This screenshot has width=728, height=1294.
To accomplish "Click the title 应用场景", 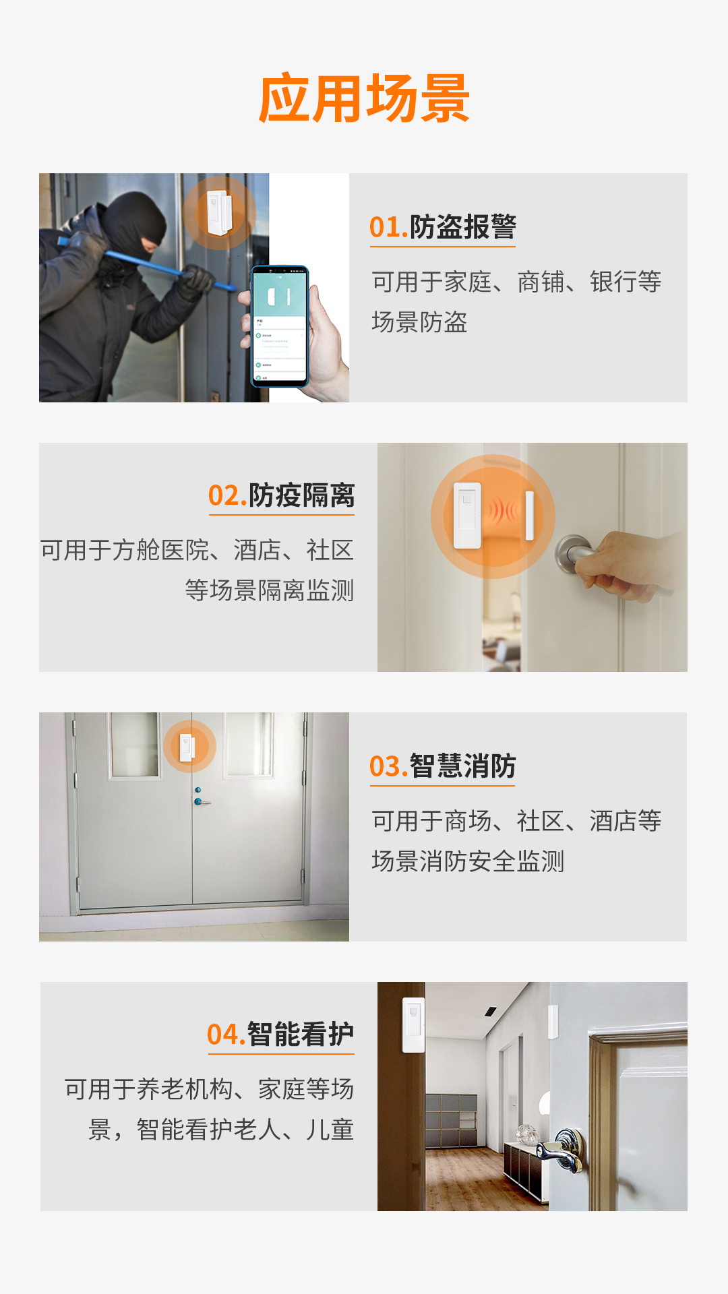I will click(x=364, y=99).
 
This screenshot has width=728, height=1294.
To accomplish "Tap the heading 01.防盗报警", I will click(x=443, y=227).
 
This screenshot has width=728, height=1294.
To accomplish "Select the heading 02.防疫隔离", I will click(x=281, y=495).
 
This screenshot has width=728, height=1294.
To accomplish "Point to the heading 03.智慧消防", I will click(x=443, y=766).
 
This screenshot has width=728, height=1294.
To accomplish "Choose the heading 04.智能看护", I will click(x=280, y=1035).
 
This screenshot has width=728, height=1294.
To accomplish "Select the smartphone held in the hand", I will click(x=280, y=327).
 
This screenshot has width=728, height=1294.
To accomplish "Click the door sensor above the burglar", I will click(x=219, y=213).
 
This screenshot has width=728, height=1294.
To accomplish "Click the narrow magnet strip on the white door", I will click(x=529, y=516).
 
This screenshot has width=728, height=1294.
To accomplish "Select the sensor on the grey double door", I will click(x=187, y=747).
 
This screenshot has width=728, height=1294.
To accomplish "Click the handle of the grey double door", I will click(x=200, y=801).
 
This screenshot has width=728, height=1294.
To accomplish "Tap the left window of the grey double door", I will click(x=134, y=744).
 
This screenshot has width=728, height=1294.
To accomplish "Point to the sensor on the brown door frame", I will click(x=413, y=1024).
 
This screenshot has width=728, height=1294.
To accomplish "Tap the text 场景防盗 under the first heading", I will click(x=419, y=322).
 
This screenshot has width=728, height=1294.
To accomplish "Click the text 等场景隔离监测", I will click(x=270, y=590).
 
